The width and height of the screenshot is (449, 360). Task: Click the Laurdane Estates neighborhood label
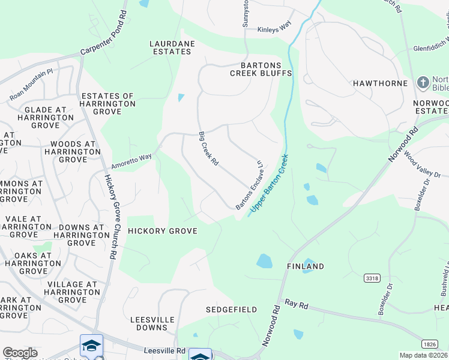pos(171,47)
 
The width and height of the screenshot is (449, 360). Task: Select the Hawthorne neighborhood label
pos(380,83)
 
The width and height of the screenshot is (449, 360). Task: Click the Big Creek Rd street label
pos(209,149)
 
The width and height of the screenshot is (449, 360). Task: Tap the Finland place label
pos(305,266)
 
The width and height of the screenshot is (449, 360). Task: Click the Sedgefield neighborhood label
pos(231,310)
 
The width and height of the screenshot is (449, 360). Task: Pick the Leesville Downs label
pos(148,323)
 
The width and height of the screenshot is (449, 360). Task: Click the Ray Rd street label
pos(296,305)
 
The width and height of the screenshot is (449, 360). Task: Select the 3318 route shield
pos(372,278)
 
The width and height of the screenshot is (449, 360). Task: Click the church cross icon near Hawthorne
pos(423,82)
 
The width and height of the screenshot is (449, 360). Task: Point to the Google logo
pos(20,353)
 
